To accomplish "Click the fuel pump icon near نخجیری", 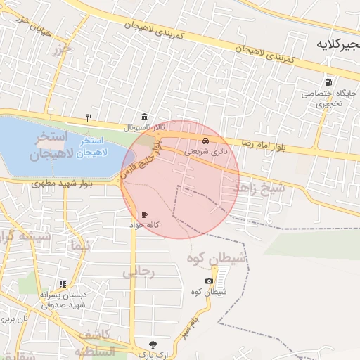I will tap(328, 82).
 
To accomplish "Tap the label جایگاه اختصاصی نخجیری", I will tap(328, 98).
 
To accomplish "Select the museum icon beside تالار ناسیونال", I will tap(144, 117).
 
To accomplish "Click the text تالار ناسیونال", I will tap(145, 128).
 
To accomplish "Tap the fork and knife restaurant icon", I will tap(89, 117).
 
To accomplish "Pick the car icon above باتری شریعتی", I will tap(205, 141).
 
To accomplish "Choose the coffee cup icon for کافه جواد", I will tap(144, 214).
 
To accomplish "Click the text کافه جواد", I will tap(145, 224).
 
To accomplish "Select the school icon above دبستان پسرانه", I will tap(63, 285).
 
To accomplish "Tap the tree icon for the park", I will tap(153, 345).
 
